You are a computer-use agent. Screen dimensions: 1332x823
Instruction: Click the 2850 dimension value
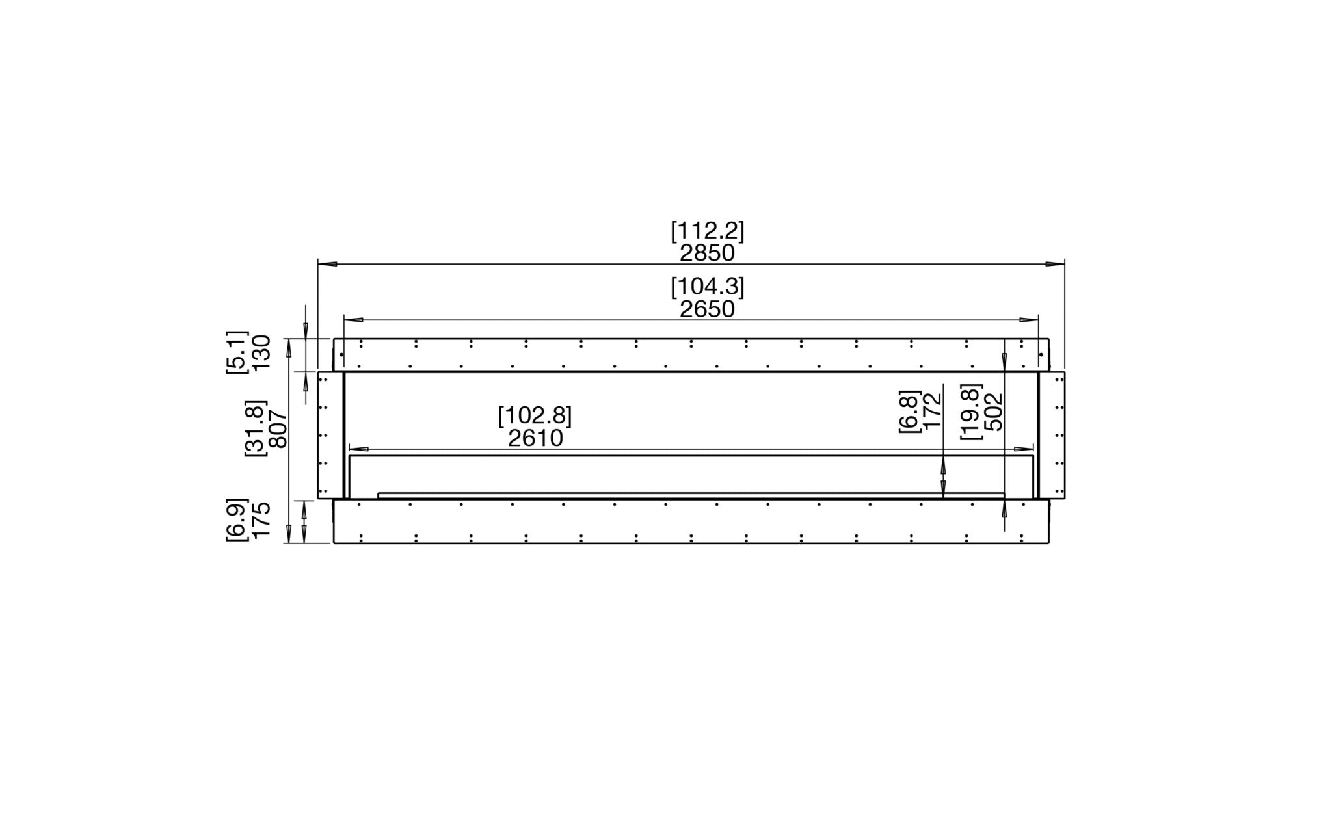[x=707, y=253]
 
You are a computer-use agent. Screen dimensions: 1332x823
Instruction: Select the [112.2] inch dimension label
[x=707, y=231]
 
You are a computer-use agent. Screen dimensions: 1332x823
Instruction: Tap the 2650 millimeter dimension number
[x=707, y=309]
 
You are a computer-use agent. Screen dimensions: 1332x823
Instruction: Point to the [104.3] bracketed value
[x=707, y=287]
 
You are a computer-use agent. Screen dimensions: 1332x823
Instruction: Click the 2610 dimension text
[x=535, y=438]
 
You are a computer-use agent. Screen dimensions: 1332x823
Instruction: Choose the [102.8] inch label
[x=535, y=416]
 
